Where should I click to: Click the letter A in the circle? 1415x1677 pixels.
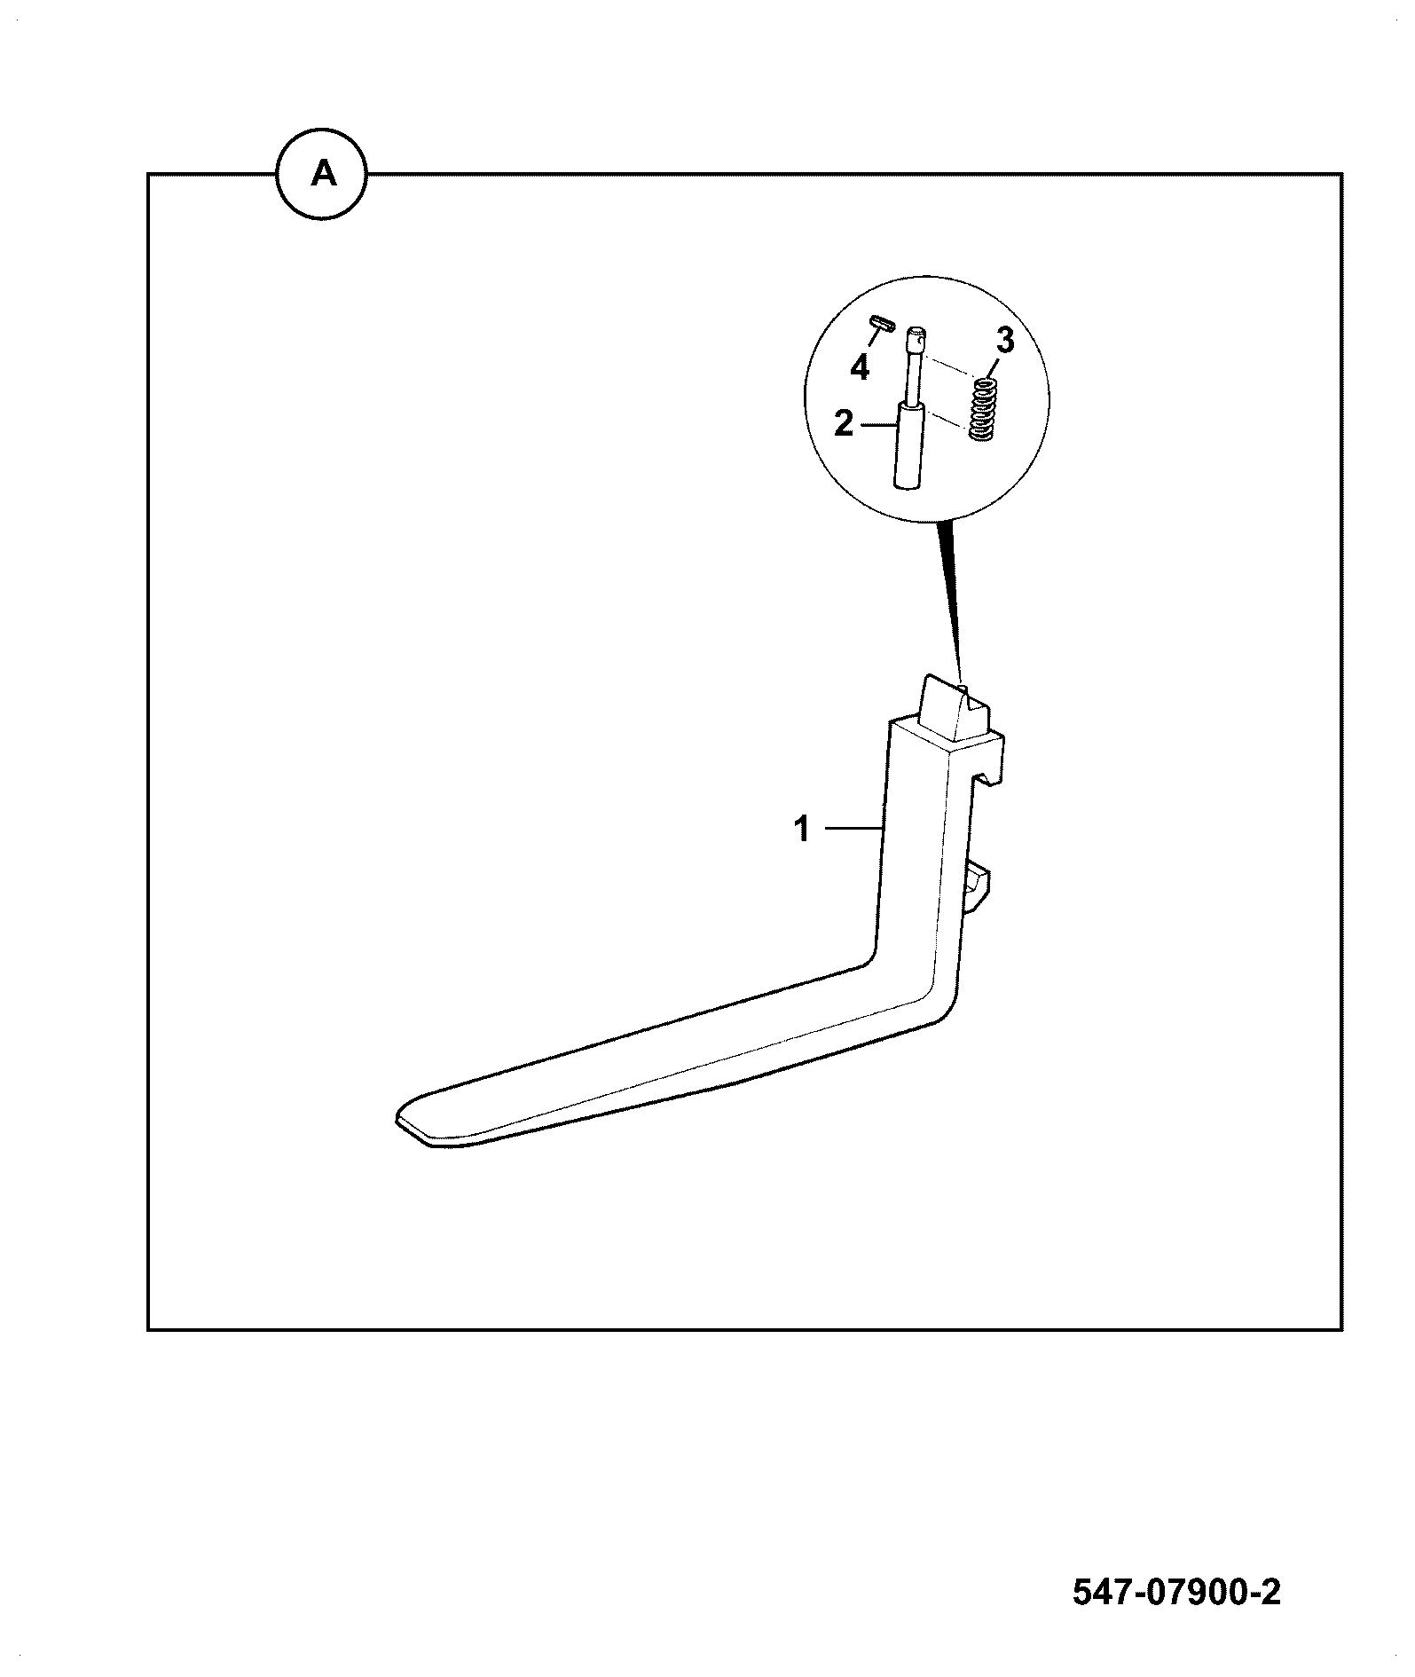click(324, 175)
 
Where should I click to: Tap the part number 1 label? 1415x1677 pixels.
click(802, 830)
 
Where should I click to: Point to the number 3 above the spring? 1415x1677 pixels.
click(1004, 340)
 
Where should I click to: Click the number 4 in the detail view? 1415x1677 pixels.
click(860, 367)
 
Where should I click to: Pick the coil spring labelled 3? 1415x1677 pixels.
click(981, 409)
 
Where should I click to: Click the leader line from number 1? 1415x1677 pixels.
click(853, 829)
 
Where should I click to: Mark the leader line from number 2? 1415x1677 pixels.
click(878, 425)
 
